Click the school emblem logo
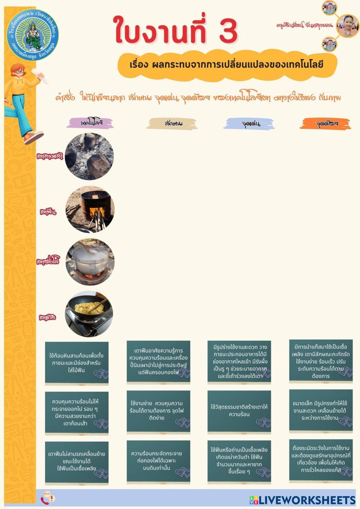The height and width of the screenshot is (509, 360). click(x=32, y=35)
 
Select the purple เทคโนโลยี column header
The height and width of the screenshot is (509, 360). click(x=90, y=123)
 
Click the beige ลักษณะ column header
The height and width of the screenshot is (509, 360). click(x=172, y=123)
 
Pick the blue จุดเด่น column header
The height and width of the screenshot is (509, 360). click(x=249, y=124)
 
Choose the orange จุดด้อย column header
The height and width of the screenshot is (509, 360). click(x=325, y=123)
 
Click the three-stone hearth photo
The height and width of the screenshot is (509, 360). click(x=89, y=156)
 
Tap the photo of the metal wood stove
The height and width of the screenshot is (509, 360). click(x=90, y=210)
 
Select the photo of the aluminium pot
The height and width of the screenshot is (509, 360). click(x=90, y=262)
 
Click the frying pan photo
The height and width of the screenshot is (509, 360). click(x=89, y=314)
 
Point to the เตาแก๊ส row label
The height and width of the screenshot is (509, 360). click(x=48, y=317)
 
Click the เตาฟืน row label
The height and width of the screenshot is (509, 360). click(x=48, y=212)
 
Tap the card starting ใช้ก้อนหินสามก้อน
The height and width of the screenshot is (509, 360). click(x=77, y=363)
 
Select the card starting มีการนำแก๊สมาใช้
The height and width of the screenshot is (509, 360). click(x=321, y=361)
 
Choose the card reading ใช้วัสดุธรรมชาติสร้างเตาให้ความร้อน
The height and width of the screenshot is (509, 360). click(x=239, y=411)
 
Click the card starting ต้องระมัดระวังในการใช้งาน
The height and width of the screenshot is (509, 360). click(x=321, y=460)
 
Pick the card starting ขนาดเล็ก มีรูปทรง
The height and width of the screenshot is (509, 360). click(x=321, y=410)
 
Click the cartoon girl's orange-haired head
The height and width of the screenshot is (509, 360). click(x=18, y=72)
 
